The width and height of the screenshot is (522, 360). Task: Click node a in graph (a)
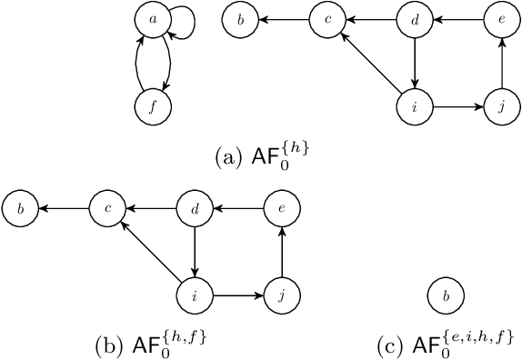(152, 20)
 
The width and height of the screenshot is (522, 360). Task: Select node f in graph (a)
(152, 107)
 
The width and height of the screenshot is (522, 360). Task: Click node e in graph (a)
(501, 20)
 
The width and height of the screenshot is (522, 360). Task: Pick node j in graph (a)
(501, 107)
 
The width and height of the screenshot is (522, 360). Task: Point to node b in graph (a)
(240, 20)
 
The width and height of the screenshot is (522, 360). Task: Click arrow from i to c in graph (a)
(373, 65)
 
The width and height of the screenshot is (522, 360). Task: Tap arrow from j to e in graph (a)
(501, 64)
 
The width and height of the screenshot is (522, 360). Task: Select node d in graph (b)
(195, 209)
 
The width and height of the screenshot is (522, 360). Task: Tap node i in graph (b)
(195, 295)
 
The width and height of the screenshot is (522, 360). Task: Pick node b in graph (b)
(20, 209)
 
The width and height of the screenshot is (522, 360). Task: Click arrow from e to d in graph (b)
(238, 209)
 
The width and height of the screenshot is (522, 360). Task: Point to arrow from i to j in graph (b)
(238, 295)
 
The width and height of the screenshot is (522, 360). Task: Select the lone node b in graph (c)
(445, 295)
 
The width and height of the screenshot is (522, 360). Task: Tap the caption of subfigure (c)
(445, 345)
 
